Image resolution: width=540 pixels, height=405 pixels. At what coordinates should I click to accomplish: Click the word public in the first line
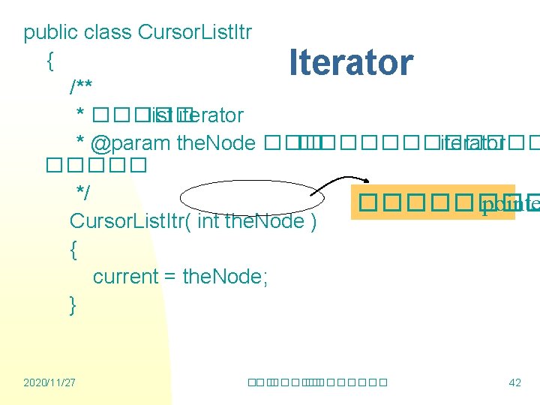click(51, 33)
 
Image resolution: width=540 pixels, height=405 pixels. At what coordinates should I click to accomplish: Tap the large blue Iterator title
click(351, 62)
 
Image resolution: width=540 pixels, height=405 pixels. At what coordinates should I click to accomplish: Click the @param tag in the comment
click(130, 142)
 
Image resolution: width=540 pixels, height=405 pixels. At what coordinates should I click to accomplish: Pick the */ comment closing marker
click(83, 193)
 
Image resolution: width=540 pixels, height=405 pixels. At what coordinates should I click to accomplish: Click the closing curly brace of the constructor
click(73, 305)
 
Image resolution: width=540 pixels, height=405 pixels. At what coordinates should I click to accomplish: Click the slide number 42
click(514, 383)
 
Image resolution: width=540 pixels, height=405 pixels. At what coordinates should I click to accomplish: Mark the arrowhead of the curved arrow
click(364, 180)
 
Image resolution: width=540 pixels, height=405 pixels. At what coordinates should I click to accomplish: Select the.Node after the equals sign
click(225, 277)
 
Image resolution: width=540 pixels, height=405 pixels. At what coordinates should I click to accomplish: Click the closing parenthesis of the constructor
click(313, 221)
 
